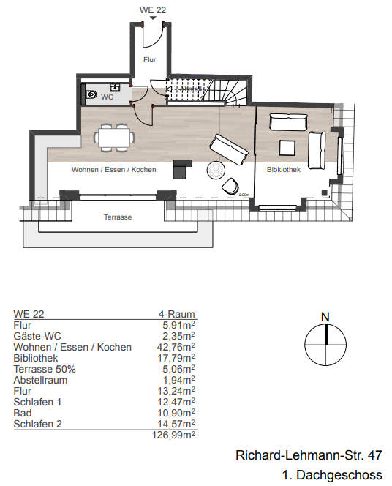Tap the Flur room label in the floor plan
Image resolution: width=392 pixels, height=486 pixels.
pyautogui.click(x=148, y=59)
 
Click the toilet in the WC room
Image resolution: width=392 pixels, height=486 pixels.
pyautogui.click(x=91, y=95)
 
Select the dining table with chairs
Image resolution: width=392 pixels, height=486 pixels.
pyautogui.click(x=115, y=136)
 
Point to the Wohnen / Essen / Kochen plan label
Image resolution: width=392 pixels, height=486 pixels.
pyautogui.click(x=113, y=170)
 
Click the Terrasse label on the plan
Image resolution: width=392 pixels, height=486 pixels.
pyautogui.click(x=117, y=217)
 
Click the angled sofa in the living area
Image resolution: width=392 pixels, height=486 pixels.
pyautogui.click(x=229, y=149)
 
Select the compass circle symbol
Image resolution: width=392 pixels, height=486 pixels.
pyautogui.click(x=324, y=345)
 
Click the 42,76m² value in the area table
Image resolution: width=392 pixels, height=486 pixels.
pyautogui.click(x=178, y=347)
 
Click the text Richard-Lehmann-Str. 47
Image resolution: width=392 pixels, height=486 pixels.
pyautogui.click(x=308, y=455)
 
